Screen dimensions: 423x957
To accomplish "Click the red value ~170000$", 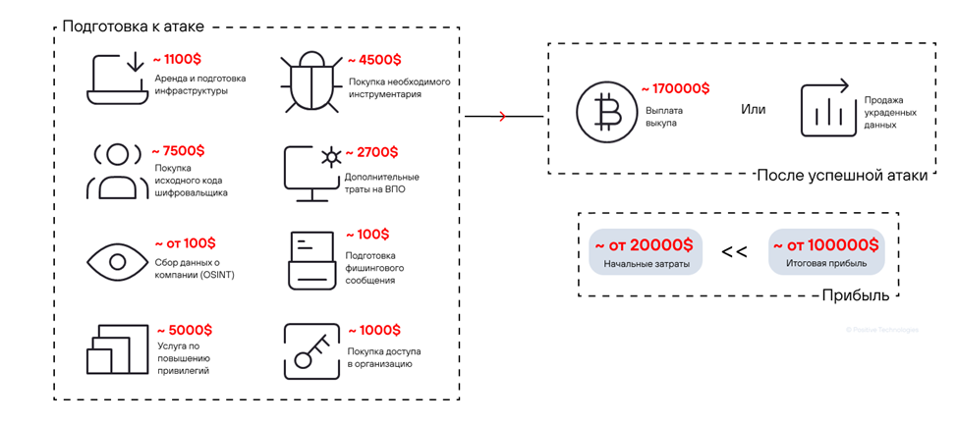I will (x=675, y=90).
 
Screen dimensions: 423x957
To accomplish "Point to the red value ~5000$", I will (x=184, y=331).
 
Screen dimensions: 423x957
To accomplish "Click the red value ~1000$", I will (x=372, y=331).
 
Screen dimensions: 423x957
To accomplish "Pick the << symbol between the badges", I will (x=734, y=252).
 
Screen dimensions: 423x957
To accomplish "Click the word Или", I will (x=753, y=108).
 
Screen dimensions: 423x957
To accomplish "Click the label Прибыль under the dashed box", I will (x=855, y=295).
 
